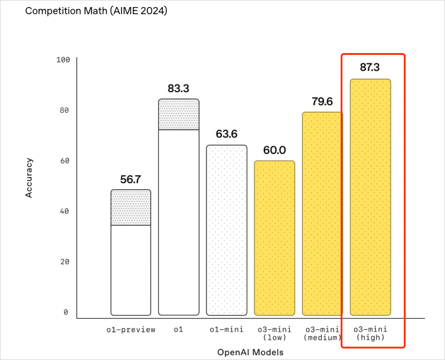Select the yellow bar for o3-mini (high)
click(370, 198)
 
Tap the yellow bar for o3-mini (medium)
click(322, 214)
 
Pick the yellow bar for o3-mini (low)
click(274, 238)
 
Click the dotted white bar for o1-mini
click(227, 230)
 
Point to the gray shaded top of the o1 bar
click(179, 114)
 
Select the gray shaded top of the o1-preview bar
click(131, 208)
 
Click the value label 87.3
click(370, 67)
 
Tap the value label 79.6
click(322, 101)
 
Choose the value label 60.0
click(274, 150)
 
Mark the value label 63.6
click(227, 134)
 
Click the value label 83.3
click(179, 89)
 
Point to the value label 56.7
click(131, 179)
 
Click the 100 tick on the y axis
click(63, 60)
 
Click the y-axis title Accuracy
click(29, 177)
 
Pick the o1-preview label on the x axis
click(131, 329)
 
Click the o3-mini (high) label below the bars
click(369, 333)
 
